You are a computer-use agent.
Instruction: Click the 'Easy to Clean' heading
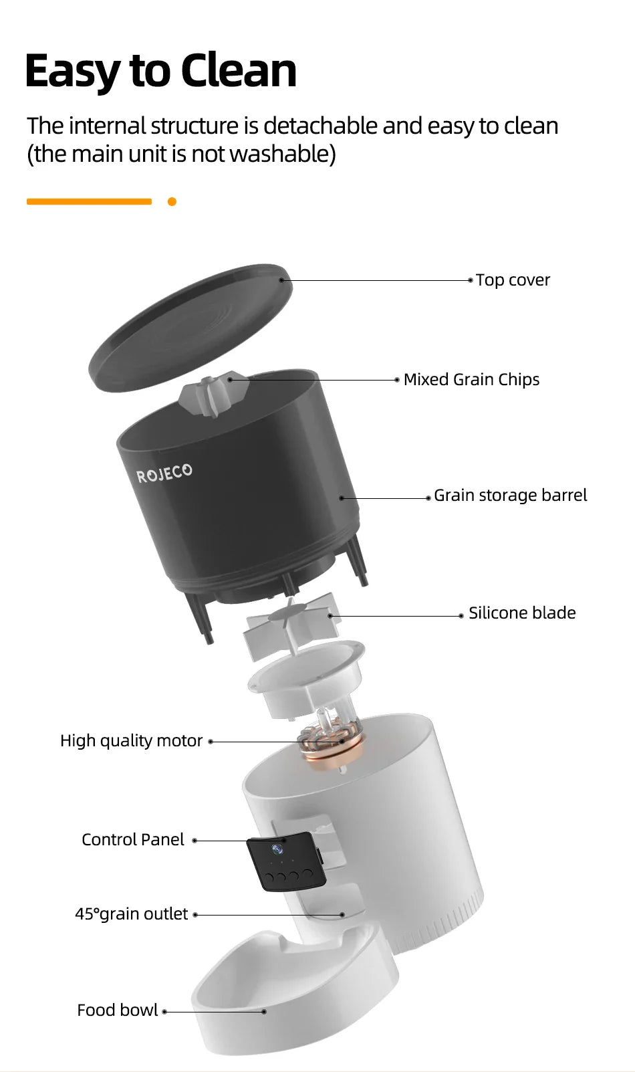(160, 71)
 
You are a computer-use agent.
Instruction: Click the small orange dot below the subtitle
(172, 201)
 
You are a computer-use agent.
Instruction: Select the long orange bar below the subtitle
(89, 201)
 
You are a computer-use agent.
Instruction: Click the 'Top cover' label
(513, 280)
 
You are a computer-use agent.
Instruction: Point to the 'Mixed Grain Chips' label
(471, 380)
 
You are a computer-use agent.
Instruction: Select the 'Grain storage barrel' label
(510, 496)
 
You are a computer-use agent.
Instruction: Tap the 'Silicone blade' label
(521, 613)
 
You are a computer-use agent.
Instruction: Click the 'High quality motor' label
(131, 741)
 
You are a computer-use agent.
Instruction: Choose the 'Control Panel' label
(132, 840)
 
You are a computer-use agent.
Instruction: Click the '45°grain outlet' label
(131, 914)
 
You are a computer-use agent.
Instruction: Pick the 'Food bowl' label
(118, 1010)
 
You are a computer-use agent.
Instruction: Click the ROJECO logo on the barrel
(164, 473)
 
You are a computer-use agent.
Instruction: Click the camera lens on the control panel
(277, 850)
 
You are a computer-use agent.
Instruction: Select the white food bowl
(294, 996)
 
